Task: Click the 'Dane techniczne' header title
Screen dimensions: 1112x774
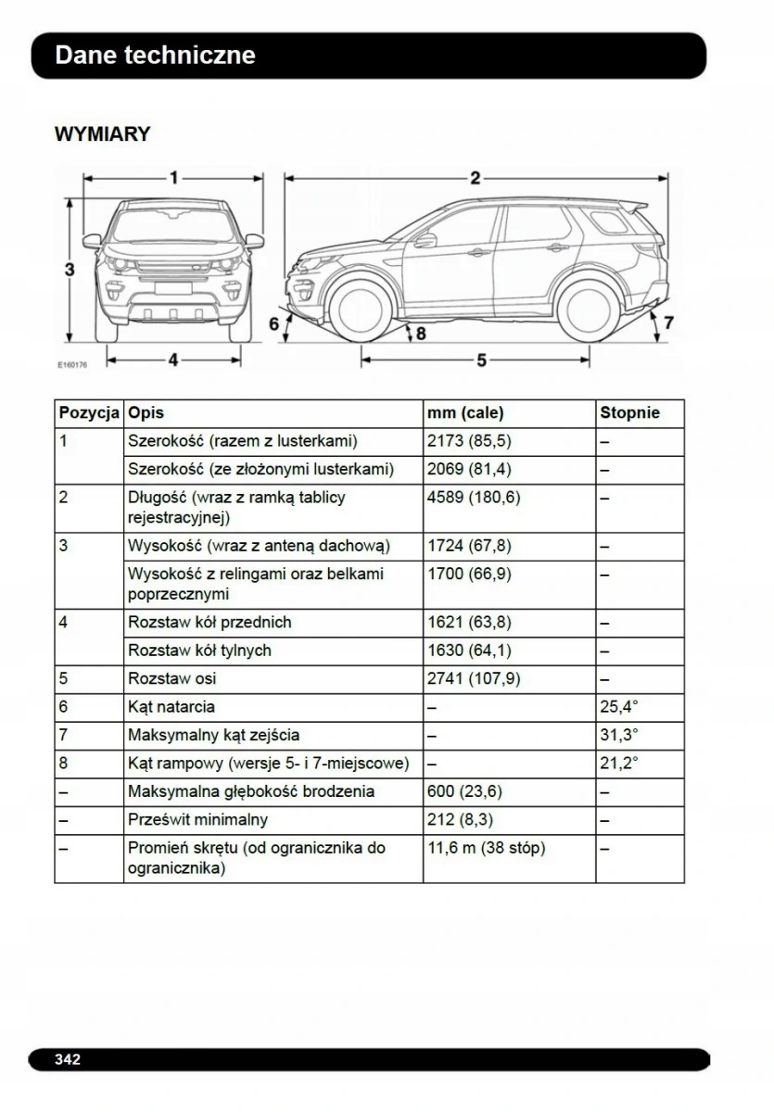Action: (x=155, y=56)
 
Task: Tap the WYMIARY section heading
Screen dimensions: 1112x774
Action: (x=102, y=134)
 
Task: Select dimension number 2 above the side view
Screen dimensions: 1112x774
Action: (x=475, y=178)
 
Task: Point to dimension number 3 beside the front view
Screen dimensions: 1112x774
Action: (x=70, y=270)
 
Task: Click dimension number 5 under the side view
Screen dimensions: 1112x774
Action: (x=481, y=360)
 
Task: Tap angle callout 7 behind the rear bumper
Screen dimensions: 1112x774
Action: (x=668, y=322)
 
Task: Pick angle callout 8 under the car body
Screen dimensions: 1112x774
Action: (x=420, y=333)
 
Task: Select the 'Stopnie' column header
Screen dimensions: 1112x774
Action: (x=629, y=413)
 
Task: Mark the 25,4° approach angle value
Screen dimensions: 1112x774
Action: (x=619, y=707)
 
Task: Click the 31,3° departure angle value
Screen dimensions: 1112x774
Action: (x=619, y=735)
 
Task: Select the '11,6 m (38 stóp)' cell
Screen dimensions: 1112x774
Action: (x=486, y=848)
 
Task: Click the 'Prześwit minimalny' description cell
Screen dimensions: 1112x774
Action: (x=197, y=819)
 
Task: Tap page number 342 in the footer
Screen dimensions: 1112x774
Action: (x=68, y=1058)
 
